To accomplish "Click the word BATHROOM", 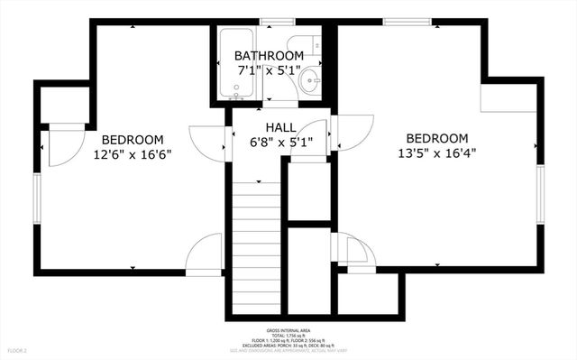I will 270,55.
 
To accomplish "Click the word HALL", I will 277,126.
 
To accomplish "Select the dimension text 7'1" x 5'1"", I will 270,69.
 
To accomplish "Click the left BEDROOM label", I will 133,139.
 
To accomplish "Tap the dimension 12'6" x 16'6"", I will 133,153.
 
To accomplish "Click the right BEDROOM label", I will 437,138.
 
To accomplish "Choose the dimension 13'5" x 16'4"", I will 437,152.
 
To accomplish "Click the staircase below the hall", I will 257,244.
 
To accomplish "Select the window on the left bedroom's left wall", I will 37,199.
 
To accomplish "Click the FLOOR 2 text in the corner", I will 18,349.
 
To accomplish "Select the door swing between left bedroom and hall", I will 209,141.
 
